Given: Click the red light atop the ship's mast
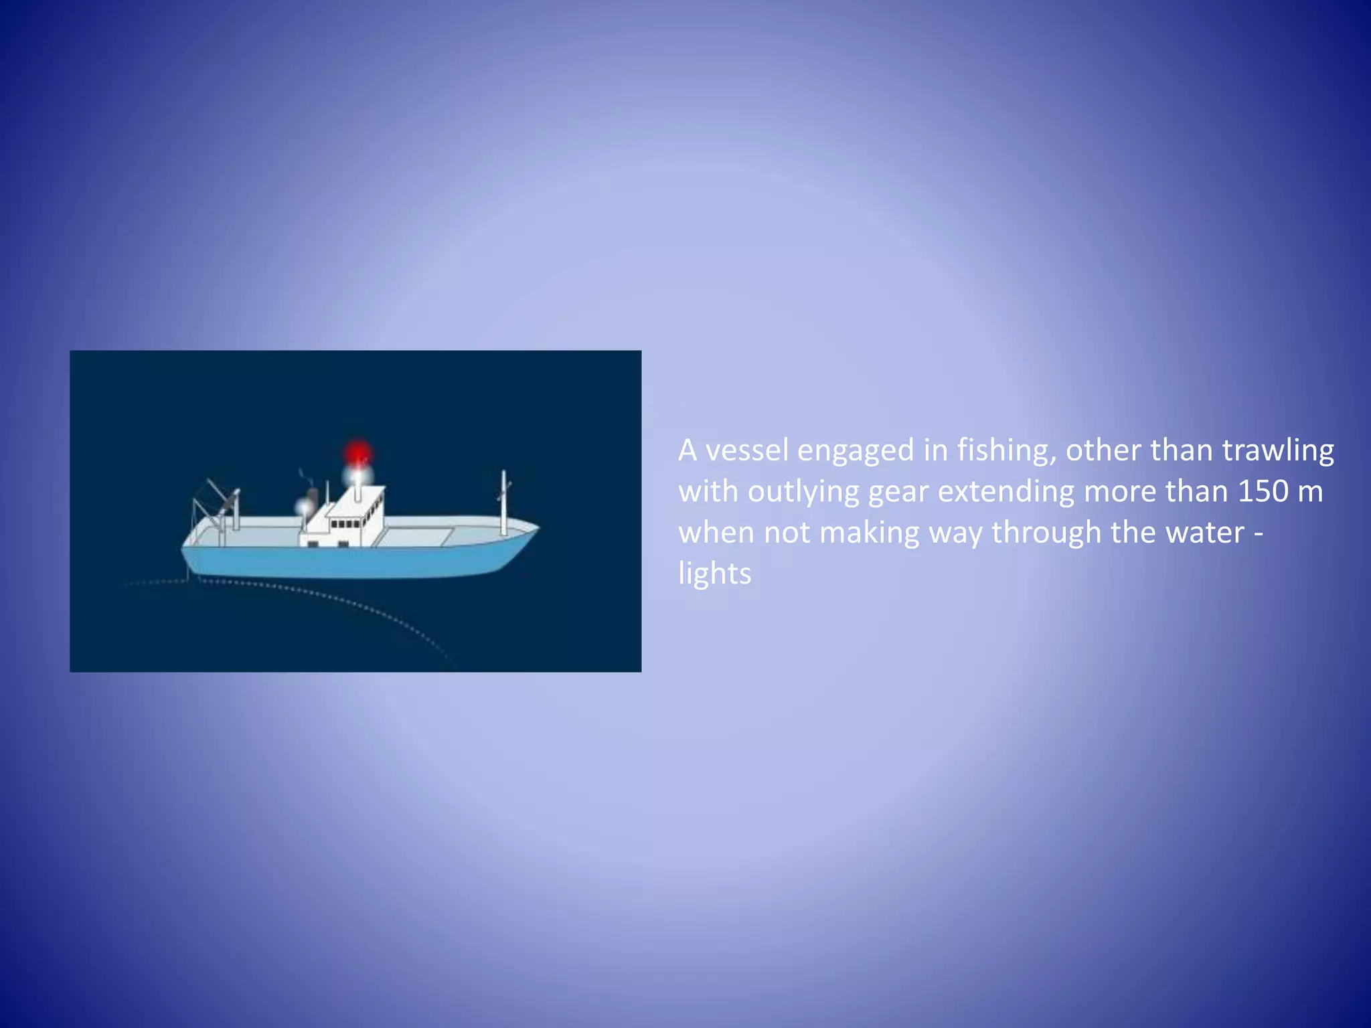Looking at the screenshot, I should (x=358, y=453).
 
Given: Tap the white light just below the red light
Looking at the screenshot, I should (x=357, y=477).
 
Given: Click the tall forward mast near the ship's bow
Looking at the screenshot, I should (x=503, y=502).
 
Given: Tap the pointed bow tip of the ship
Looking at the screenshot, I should (x=536, y=527).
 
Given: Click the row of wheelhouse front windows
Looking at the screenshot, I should (x=346, y=524).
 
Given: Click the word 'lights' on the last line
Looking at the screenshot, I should (x=714, y=574).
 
